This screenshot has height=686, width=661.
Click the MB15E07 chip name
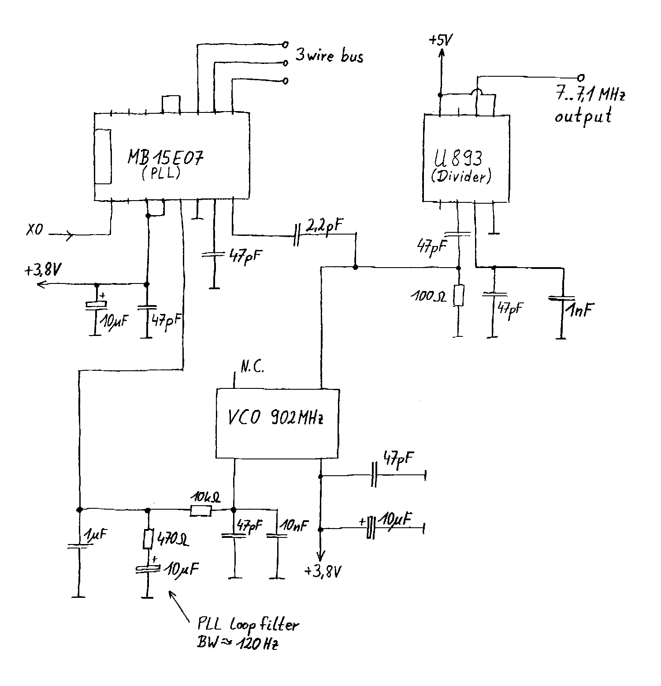[166, 157]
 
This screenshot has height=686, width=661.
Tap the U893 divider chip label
[460, 158]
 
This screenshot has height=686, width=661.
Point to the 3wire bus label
[329, 56]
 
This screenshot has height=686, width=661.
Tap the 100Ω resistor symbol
[459, 295]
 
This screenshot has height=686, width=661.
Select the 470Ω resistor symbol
[148, 539]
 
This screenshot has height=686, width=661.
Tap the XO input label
[34, 230]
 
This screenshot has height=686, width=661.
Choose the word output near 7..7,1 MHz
[583, 116]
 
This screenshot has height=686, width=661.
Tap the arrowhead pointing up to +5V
[441, 54]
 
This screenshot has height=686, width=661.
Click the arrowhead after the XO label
[70, 235]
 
